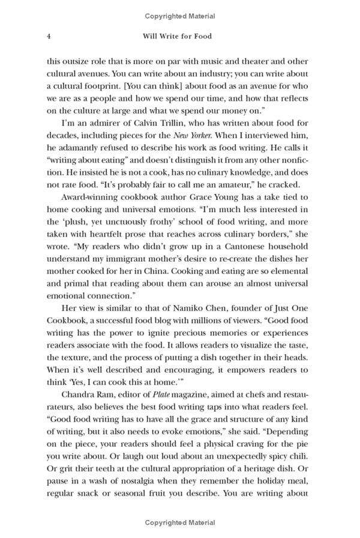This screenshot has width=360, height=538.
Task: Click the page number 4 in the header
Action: [47, 36]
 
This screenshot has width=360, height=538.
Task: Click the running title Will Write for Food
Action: [178, 36]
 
